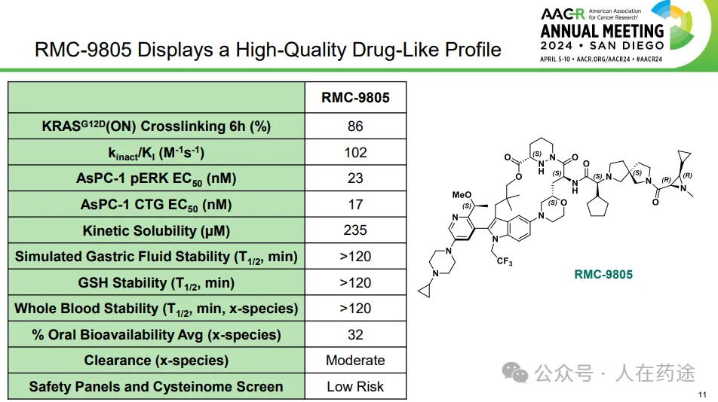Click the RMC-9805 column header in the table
pyautogui.click(x=355, y=97)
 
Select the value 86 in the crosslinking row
pyautogui.click(x=355, y=126)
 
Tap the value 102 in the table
pyautogui.click(x=355, y=152)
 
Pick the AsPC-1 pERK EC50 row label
pyautogui.click(x=156, y=178)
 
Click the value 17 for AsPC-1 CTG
pyautogui.click(x=355, y=204)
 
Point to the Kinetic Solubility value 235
pyautogui.click(x=355, y=230)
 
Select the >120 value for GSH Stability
pyautogui.click(x=355, y=282)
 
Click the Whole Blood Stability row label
pyautogui.click(x=156, y=309)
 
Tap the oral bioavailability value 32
pyautogui.click(x=355, y=334)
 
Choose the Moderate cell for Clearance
pyautogui.click(x=355, y=361)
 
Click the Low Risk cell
pyautogui.click(x=355, y=386)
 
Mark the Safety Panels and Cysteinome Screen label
pyautogui.click(x=156, y=387)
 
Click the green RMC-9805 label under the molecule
pyautogui.click(x=603, y=274)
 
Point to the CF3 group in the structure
pyautogui.click(x=504, y=262)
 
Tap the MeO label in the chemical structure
pyautogui.click(x=462, y=195)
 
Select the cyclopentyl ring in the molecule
pyautogui.click(x=598, y=207)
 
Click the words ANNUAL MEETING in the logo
pyautogui.click(x=602, y=31)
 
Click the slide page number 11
pyautogui.click(x=702, y=394)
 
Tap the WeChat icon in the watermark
pyautogui.click(x=514, y=373)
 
